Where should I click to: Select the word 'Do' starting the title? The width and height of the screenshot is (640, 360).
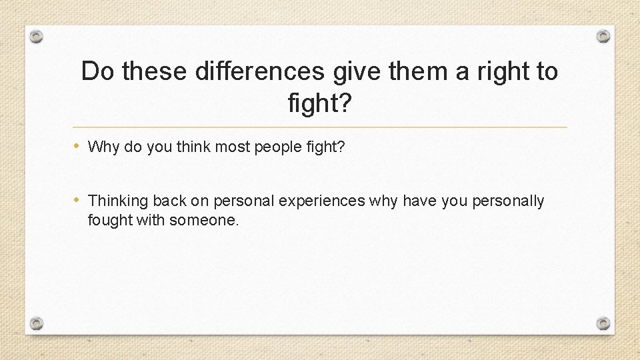98,71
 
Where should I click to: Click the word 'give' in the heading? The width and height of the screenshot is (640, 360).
360,71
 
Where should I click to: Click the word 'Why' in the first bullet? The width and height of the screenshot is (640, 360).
101,147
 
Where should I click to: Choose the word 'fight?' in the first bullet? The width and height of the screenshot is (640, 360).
327,147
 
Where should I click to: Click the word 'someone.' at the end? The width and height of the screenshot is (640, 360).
204,219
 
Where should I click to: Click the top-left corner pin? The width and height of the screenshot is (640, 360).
37,36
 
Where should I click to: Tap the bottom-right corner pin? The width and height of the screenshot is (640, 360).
603,323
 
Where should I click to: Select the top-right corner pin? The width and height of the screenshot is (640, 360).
603,36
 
